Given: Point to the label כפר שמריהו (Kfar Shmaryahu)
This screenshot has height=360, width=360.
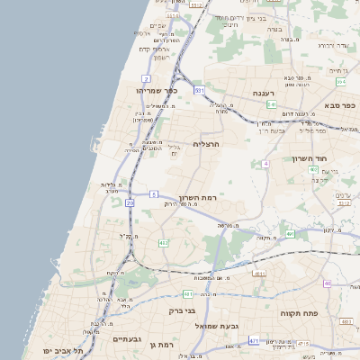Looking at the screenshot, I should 158,91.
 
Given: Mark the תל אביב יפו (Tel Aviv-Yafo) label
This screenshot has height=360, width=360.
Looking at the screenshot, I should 67,350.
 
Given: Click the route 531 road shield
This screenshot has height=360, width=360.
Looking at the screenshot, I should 198,91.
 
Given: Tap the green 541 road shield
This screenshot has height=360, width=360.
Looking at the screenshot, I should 271,104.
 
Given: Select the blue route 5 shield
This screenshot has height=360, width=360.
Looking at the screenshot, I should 155,193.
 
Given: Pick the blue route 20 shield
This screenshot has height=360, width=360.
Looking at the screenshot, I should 130,203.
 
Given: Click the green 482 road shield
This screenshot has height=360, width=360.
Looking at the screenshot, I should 163,243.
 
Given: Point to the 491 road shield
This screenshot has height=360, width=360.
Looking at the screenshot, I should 290,234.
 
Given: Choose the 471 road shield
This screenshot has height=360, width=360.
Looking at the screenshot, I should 254,341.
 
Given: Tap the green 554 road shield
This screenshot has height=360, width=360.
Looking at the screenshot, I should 340,81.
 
